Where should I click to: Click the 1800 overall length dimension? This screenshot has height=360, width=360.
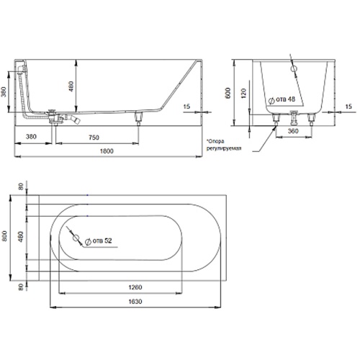(107, 151)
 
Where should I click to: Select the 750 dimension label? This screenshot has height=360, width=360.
(94, 138)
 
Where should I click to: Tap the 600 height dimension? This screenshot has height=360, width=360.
(228, 93)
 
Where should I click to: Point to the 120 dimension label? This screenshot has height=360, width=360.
(243, 94)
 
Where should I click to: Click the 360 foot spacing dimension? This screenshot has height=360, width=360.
(293, 131)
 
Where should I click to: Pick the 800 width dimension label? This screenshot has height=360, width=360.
(4, 236)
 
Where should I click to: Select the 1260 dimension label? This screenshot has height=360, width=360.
(135, 287)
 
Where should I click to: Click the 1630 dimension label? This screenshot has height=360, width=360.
(135, 301)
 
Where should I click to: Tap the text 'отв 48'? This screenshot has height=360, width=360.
(285, 99)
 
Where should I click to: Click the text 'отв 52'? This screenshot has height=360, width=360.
(102, 240)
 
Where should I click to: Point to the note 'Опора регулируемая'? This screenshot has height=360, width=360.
(224, 145)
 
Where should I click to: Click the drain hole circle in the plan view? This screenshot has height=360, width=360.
(76, 238)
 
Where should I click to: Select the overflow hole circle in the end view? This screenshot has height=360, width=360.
(294, 68)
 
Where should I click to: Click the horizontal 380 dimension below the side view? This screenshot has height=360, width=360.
(31, 137)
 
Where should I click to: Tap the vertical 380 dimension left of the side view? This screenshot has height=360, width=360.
(4, 91)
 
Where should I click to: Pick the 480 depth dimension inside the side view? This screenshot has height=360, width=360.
(71, 86)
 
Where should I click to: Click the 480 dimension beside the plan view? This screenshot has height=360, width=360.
(21, 237)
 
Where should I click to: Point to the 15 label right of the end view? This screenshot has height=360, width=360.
(348, 107)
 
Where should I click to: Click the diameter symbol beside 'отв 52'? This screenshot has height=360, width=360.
(88, 241)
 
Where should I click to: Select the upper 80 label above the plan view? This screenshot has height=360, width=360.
(22, 186)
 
